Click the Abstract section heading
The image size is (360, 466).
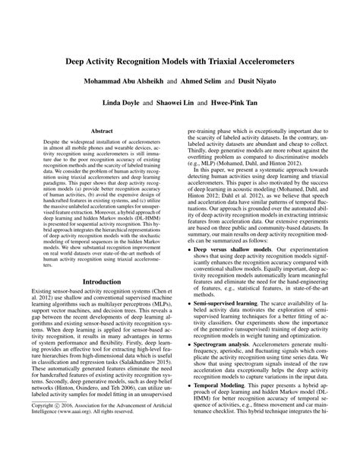[x=103, y=131]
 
